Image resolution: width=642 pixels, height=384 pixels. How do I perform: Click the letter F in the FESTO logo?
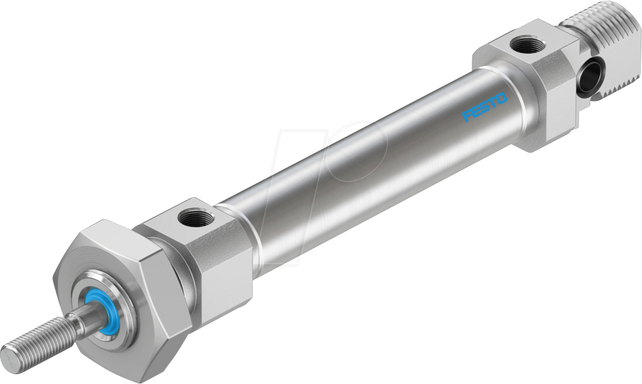(x=466, y=116)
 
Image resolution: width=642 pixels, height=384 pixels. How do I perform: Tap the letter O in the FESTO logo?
(x=501, y=97)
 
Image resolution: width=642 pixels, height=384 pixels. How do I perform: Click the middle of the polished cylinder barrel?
(x=365, y=158)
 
